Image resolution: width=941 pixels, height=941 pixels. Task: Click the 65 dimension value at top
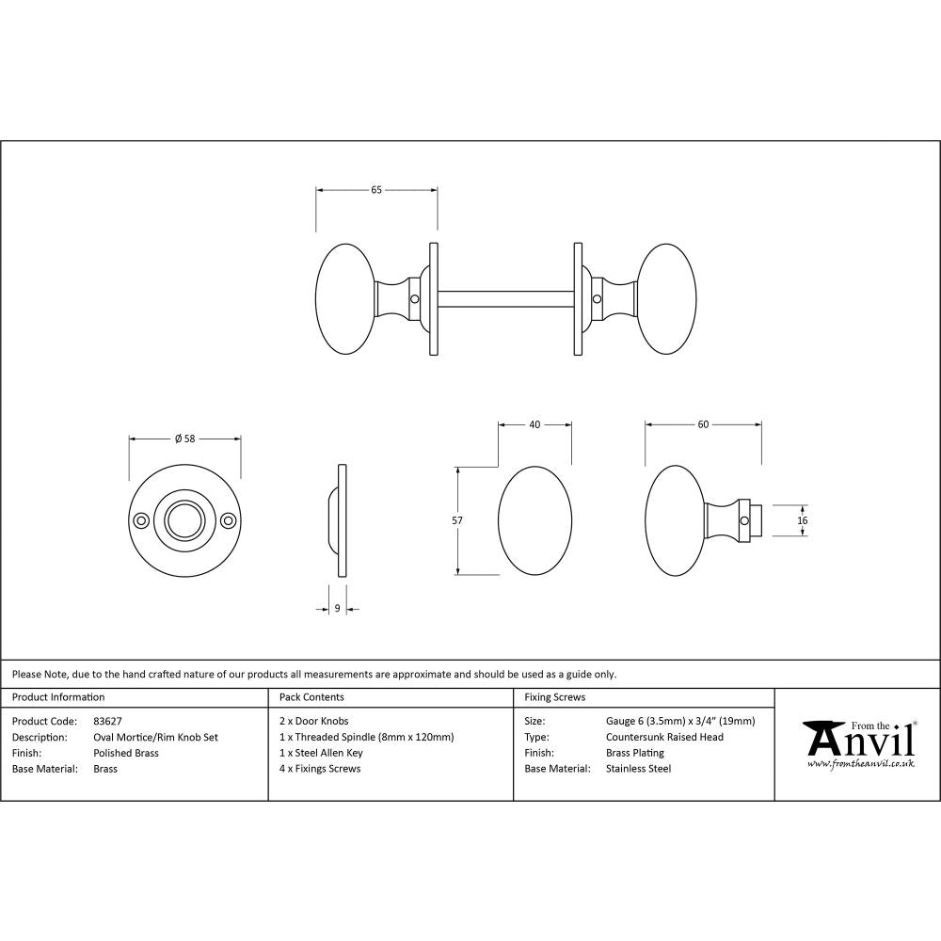click(375, 190)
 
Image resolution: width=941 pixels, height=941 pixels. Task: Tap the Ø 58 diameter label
click(184, 439)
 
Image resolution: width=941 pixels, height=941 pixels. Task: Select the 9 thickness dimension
click(337, 609)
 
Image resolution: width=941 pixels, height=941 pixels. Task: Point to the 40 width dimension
click(534, 424)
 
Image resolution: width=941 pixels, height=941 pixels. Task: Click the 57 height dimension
click(457, 519)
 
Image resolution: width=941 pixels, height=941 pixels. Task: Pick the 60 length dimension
click(703, 424)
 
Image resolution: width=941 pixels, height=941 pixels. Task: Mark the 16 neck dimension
click(802, 520)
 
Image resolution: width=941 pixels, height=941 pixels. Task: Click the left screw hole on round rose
click(141, 520)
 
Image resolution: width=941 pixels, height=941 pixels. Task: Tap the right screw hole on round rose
click(227, 520)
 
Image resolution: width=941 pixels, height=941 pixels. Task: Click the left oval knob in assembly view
click(344, 298)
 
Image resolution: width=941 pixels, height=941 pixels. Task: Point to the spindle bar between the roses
click(505, 298)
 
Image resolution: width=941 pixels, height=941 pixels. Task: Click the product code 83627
click(108, 721)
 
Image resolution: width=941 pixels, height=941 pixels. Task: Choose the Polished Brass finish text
click(126, 753)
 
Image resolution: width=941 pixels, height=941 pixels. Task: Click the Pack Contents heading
click(311, 697)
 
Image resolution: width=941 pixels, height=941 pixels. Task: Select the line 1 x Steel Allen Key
click(321, 753)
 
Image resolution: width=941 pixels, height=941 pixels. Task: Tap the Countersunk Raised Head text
click(664, 737)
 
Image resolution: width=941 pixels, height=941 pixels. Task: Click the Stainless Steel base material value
click(638, 769)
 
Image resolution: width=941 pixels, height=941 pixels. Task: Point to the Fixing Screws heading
click(554, 697)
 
